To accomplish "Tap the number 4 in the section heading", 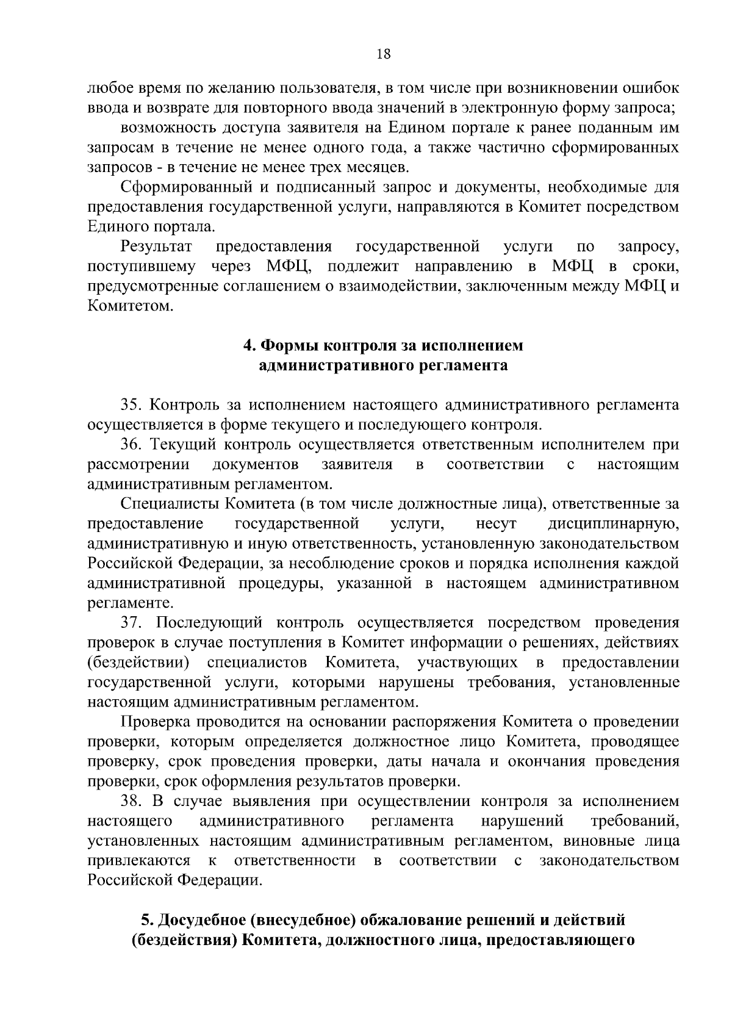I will [248, 346].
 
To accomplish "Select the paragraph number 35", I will [131, 405].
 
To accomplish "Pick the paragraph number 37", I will [131, 622].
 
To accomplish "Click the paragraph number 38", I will [131, 801].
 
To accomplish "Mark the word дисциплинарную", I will [612, 523].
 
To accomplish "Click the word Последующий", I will [209, 622].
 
